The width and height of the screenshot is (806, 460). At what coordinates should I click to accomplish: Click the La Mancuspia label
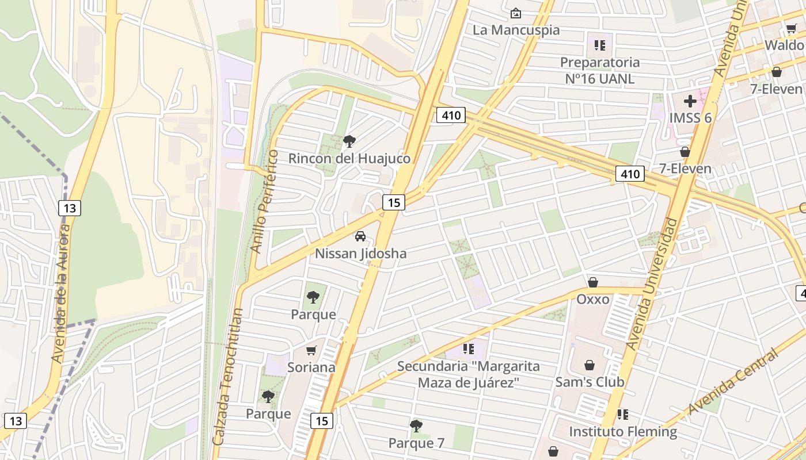(516, 30)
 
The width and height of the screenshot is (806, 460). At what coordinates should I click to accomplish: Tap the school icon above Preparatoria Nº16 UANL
(600, 45)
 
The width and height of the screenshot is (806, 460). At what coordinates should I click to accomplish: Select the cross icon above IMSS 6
(690, 102)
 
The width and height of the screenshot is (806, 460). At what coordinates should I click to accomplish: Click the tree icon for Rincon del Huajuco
(349, 141)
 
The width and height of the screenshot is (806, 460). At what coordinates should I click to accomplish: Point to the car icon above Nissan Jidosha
(360, 236)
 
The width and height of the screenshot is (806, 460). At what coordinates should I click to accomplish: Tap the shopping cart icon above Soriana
(311, 350)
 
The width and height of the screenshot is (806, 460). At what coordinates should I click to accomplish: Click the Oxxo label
(592, 299)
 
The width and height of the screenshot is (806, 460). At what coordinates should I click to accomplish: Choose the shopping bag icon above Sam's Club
(590, 365)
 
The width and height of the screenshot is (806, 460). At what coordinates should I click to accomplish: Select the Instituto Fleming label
(623, 431)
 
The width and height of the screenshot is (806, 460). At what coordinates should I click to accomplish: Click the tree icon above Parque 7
(416, 426)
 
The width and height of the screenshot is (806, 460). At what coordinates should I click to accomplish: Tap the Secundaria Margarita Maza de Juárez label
(469, 374)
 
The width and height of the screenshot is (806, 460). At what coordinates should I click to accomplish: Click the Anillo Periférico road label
(264, 201)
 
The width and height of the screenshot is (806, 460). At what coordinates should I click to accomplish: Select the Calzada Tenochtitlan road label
(228, 377)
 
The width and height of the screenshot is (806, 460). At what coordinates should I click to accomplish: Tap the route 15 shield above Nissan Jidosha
(394, 202)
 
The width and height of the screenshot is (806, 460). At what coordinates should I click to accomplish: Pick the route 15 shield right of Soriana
(322, 421)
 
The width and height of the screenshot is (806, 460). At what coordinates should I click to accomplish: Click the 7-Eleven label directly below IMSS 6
(685, 168)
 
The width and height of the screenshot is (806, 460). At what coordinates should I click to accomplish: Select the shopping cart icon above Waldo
(791, 29)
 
